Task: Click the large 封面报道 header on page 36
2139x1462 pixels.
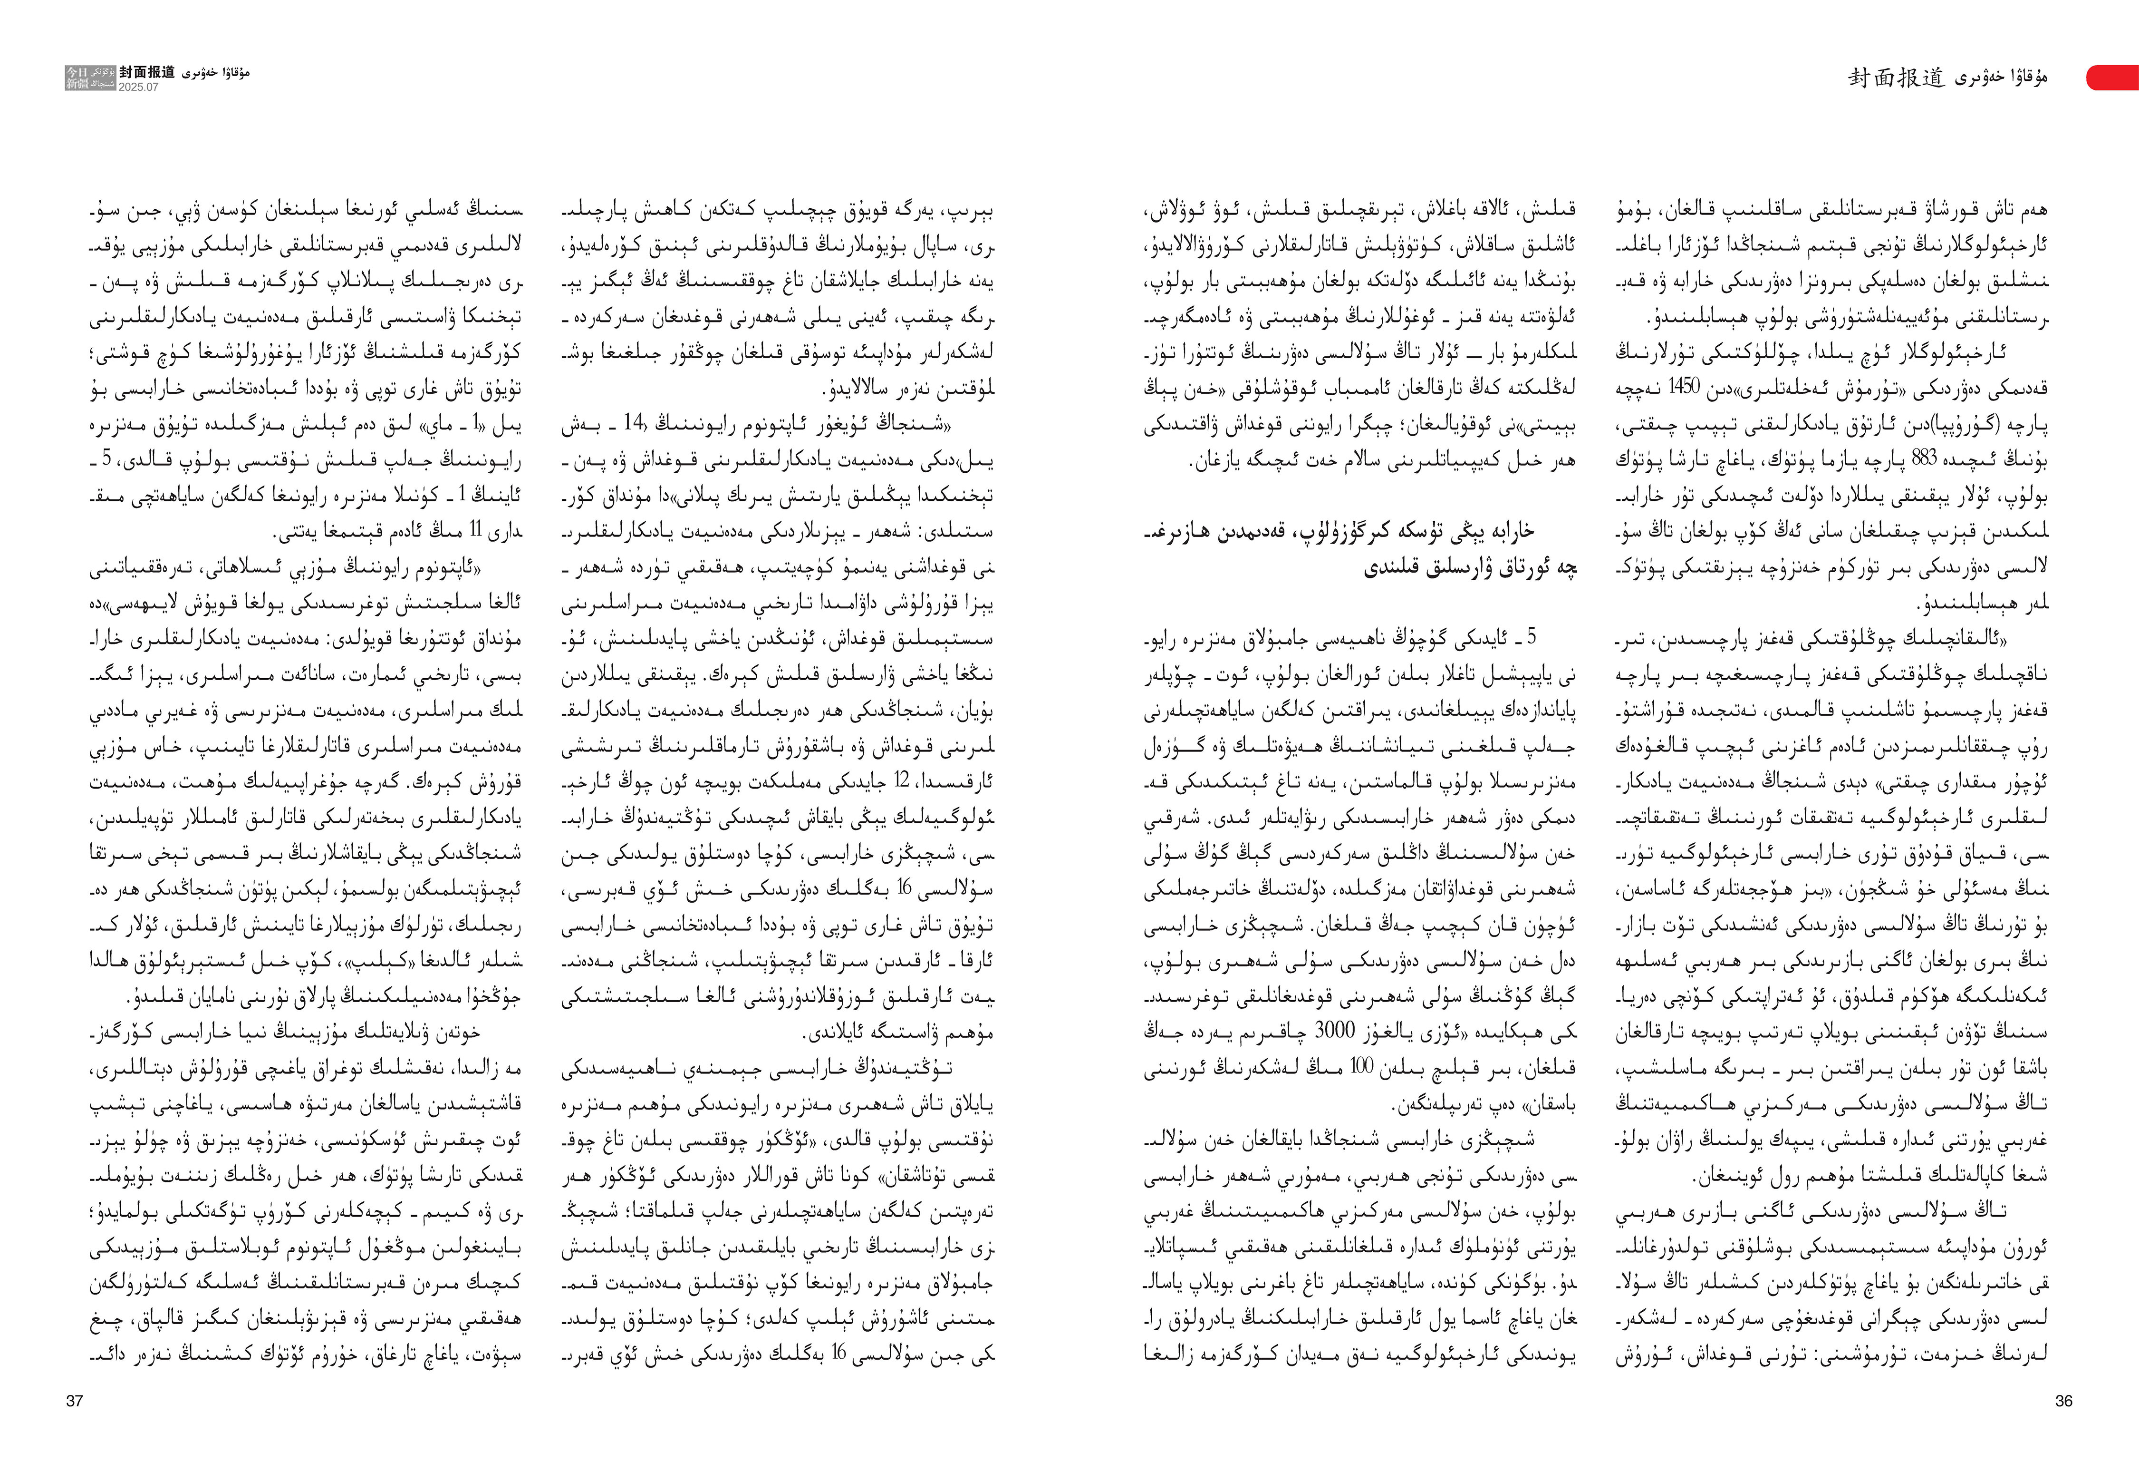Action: click(1896, 79)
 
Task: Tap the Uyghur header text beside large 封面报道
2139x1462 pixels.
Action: click(2002, 79)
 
